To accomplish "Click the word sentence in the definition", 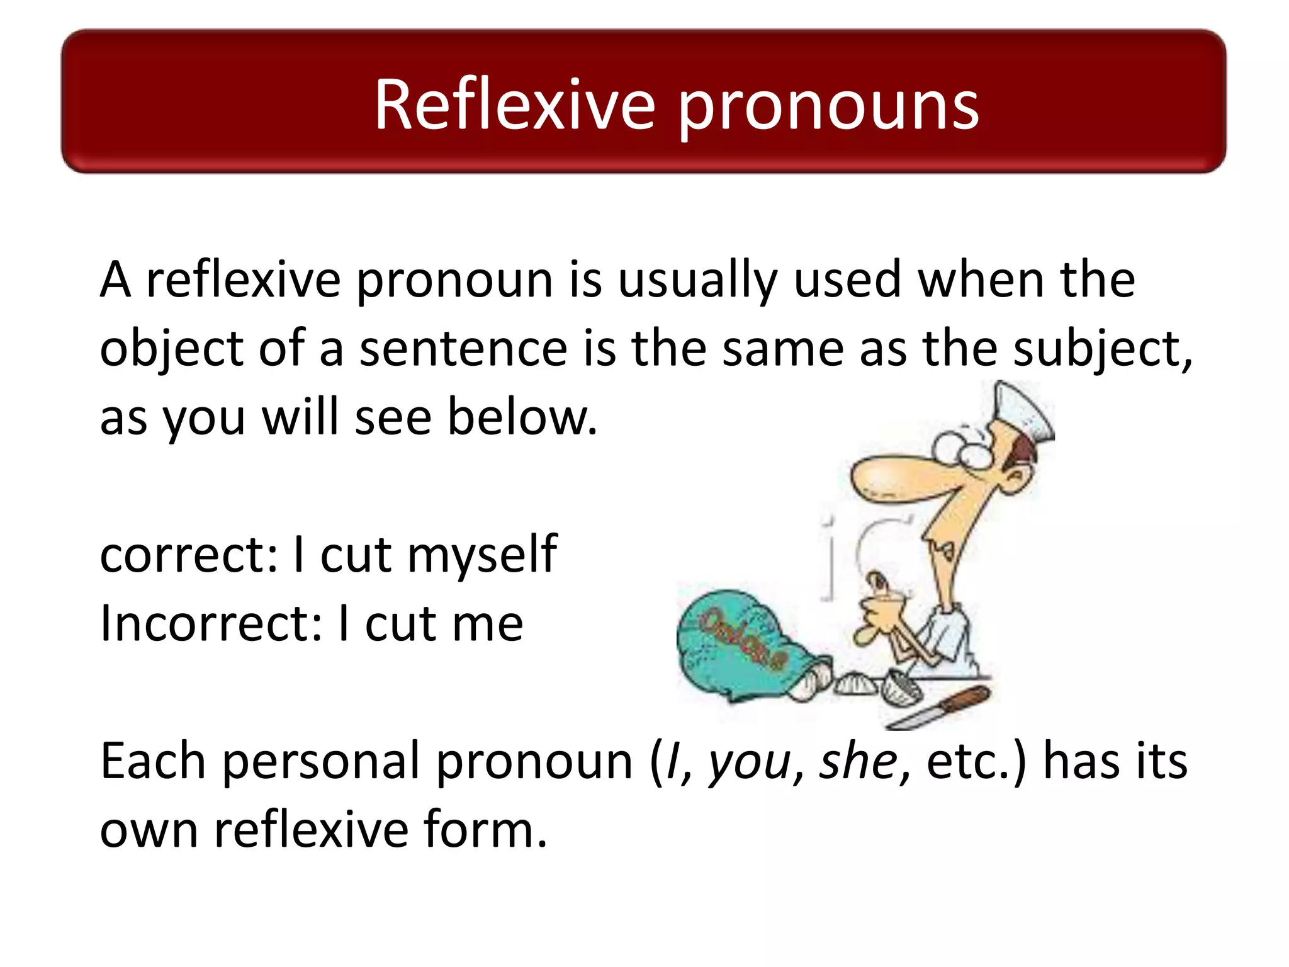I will click(x=463, y=350).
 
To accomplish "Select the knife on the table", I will click(x=938, y=708).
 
